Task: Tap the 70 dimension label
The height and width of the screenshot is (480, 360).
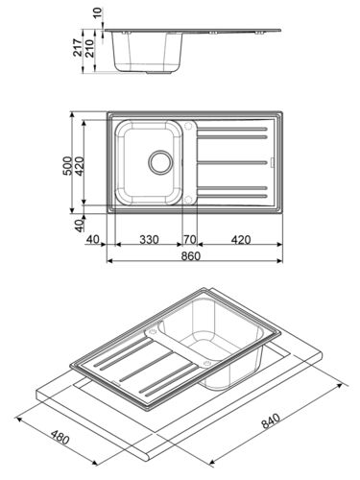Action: [190, 239]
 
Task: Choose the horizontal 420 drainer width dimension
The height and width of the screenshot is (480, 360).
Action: [241, 239]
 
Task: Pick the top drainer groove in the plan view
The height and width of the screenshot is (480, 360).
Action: [235, 128]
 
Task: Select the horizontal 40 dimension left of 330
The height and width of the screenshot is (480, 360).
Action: [93, 239]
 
